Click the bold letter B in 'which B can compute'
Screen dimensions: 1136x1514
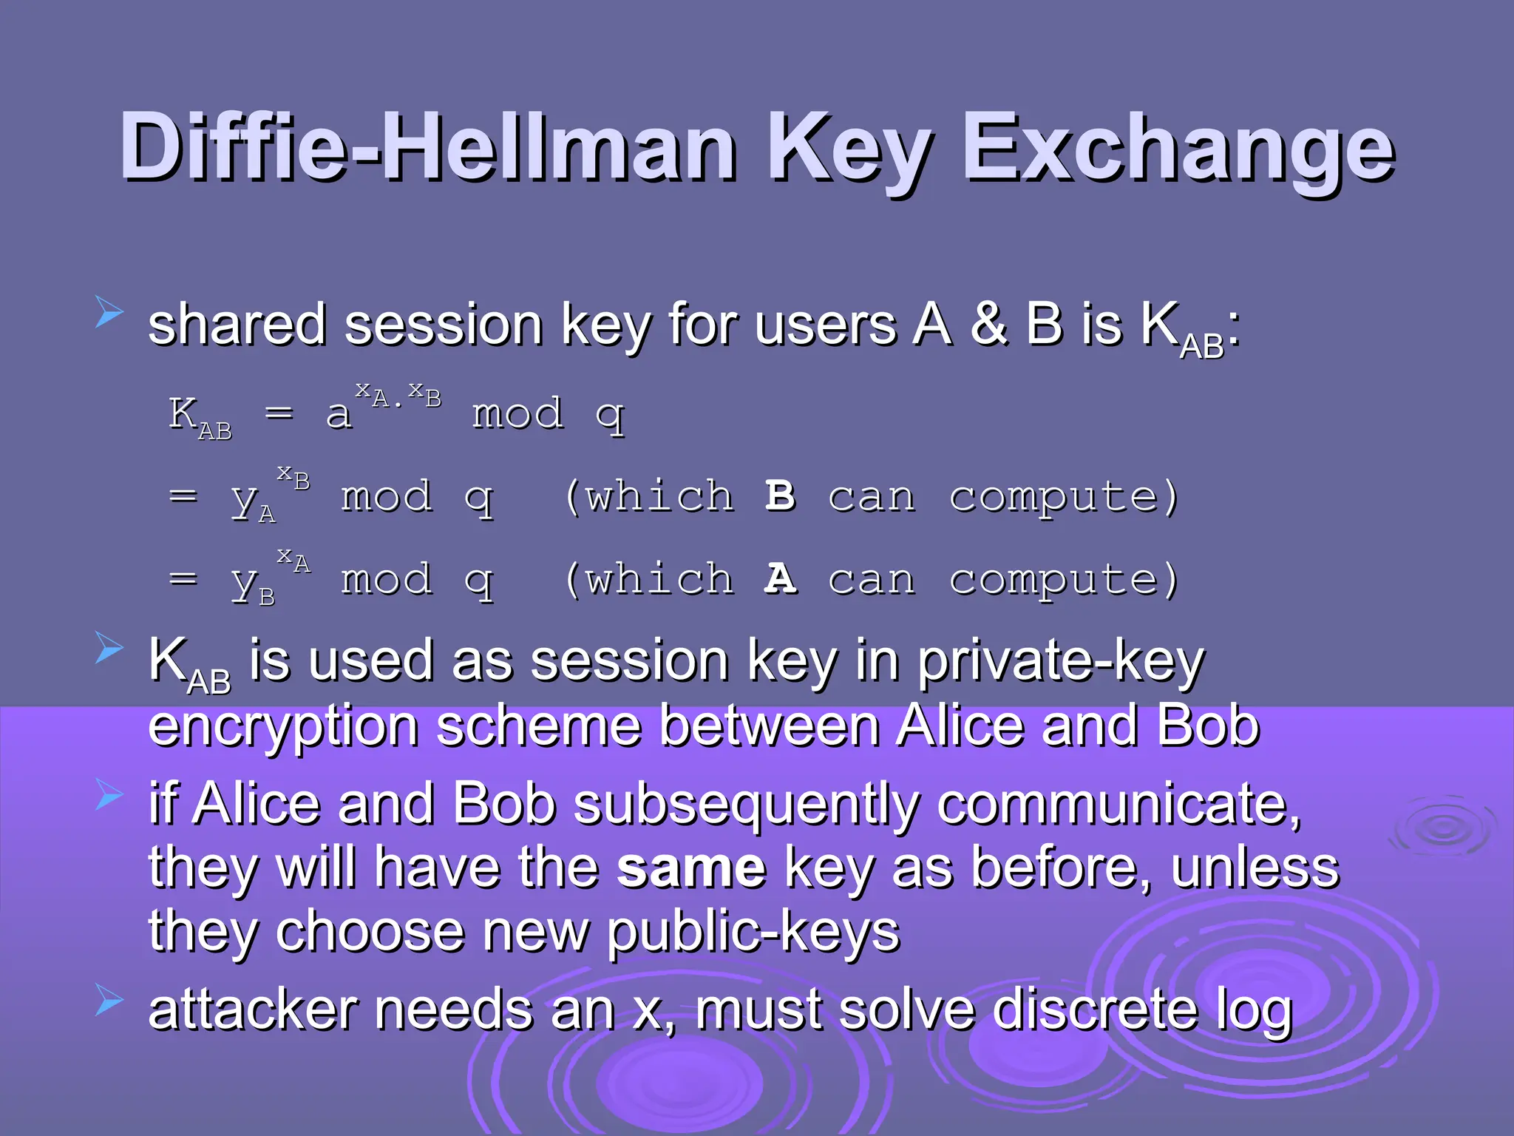[x=780, y=496]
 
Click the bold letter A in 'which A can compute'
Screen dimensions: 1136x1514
[x=780, y=579]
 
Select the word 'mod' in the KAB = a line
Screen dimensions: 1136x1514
[x=517, y=413]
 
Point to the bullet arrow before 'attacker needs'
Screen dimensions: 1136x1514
[x=109, y=1001]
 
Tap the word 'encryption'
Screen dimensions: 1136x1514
[x=284, y=727]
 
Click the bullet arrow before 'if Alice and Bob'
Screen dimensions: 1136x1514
[x=109, y=796]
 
